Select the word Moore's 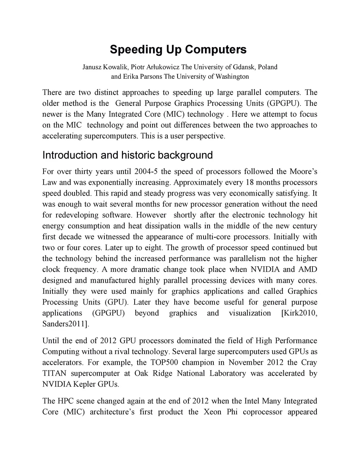(x=303, y=172)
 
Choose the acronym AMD (x=307, y=269)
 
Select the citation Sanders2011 (x=65, y=324)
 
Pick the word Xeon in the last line (x=212, y=412)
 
